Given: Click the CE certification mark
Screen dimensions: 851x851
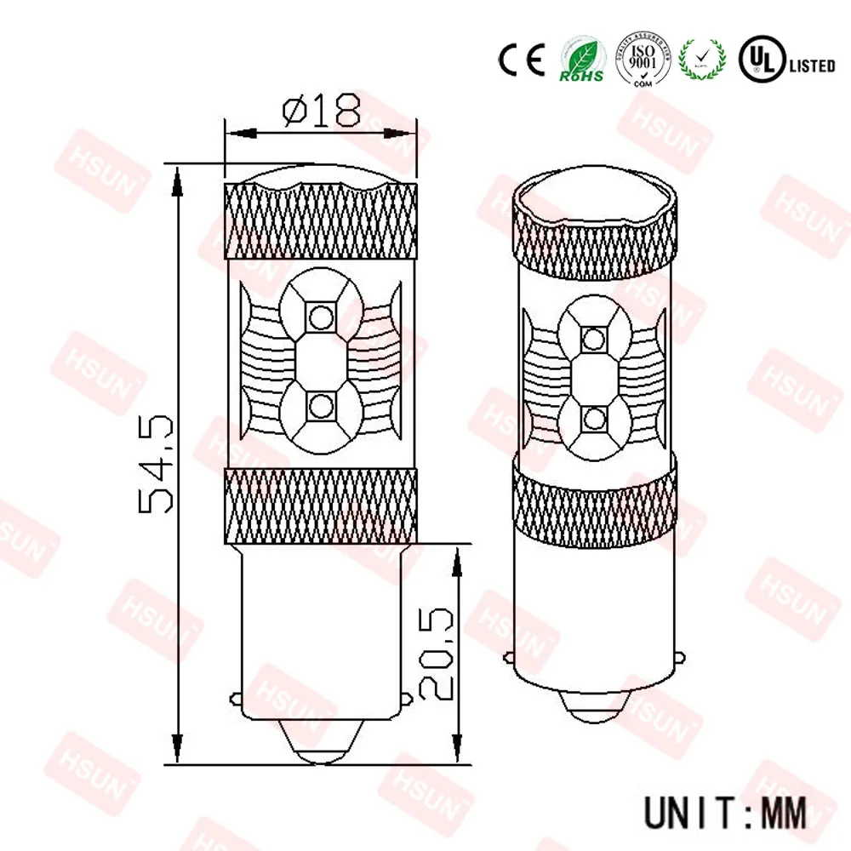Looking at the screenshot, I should pyautogui.click(x=521, y=58).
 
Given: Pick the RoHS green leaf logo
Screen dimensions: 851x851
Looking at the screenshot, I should pyautogui.click(x=581, y=60).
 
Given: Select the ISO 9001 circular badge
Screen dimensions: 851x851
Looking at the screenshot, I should pyautogui.click(x=644, y=58).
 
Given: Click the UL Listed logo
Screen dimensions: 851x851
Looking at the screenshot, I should pyautogui.click(x=786, y=58).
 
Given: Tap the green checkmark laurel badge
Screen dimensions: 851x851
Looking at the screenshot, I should pyautogui.click(x=705, y=58).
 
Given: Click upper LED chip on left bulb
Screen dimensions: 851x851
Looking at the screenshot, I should pyautogui.click(x=321, y=316).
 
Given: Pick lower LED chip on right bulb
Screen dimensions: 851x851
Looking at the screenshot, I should pyautogui.click(x=592, y=417).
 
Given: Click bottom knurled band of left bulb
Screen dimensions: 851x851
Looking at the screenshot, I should pyautogui.click(x=321, y=505).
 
